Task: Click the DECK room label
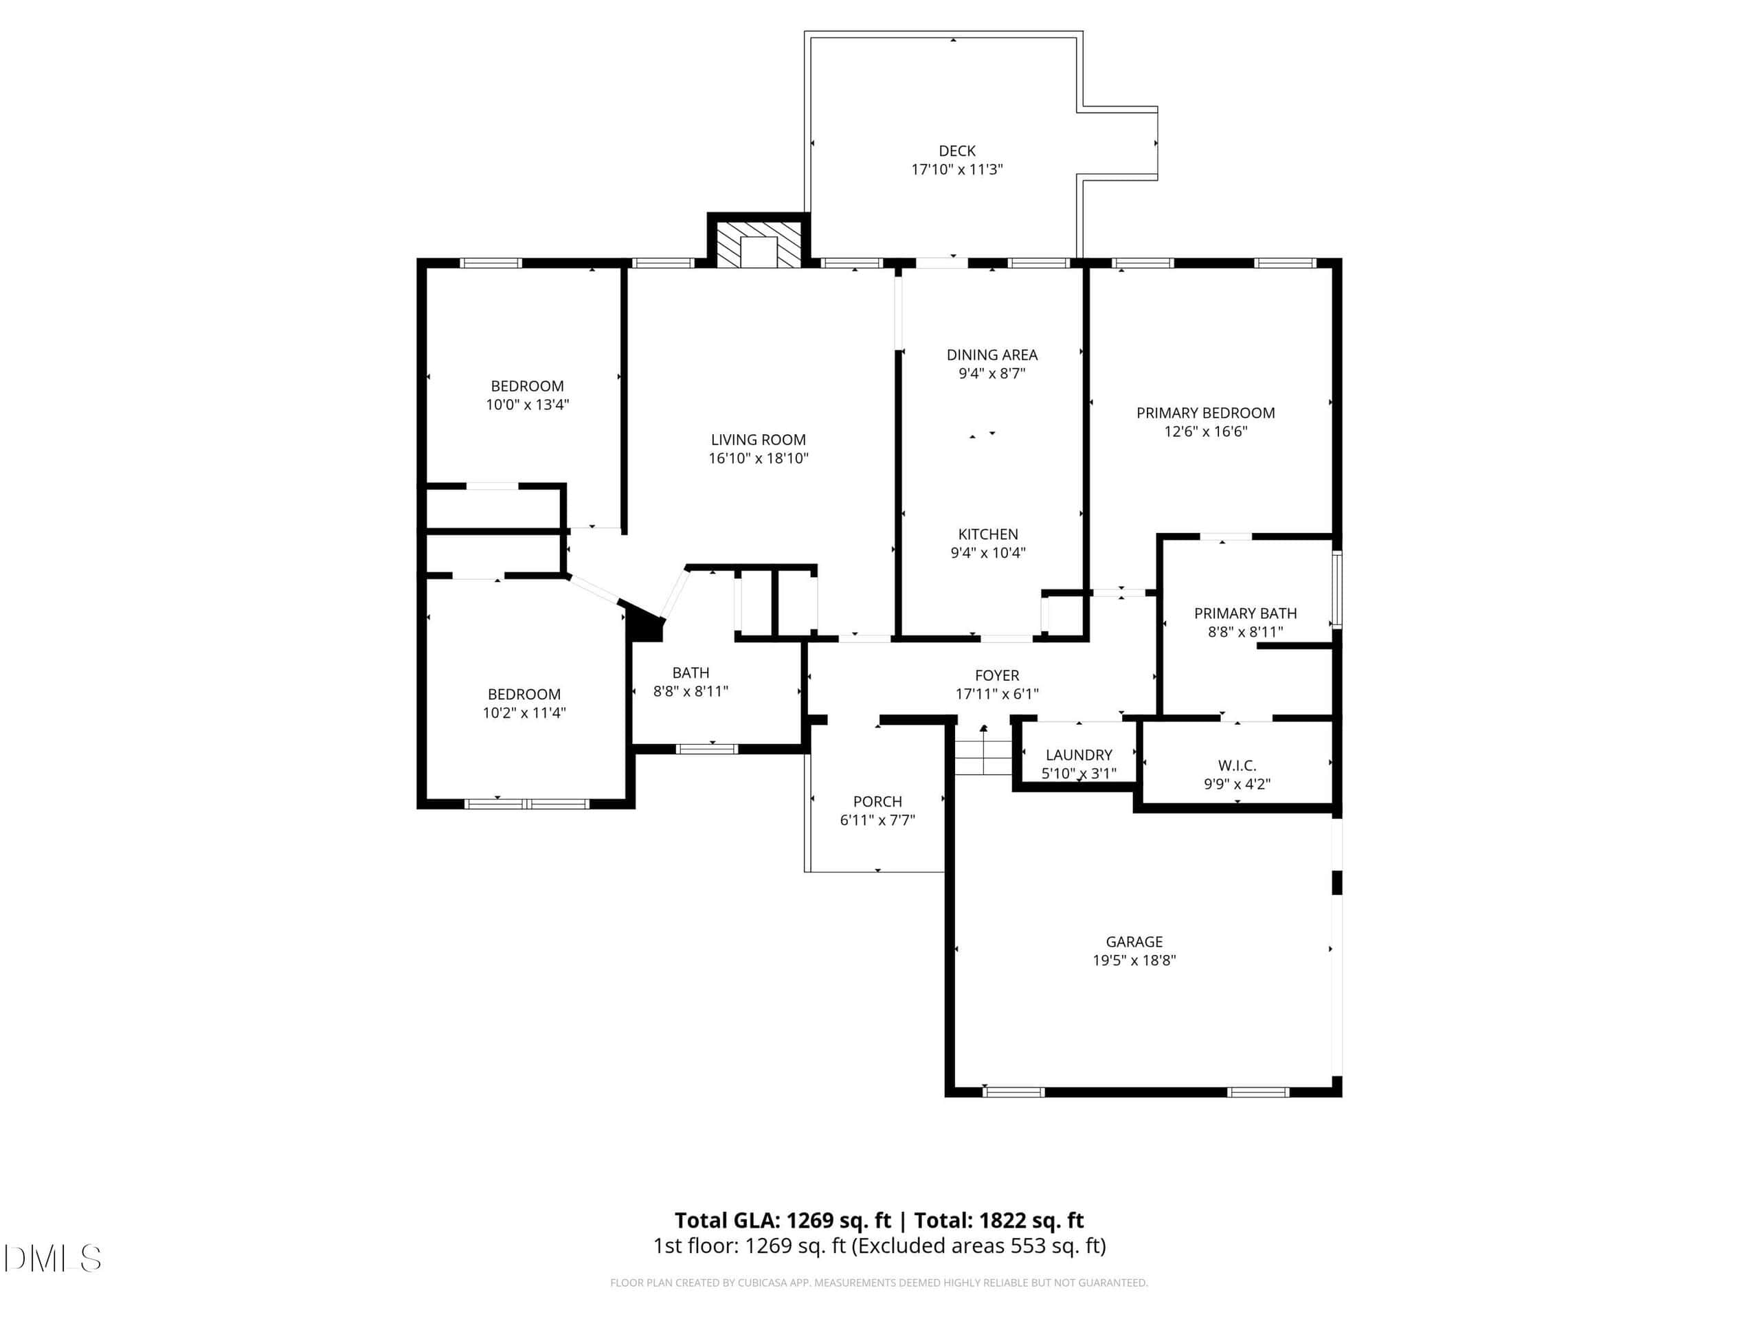[x=956, y=151]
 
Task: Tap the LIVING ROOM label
[x=758, y=440]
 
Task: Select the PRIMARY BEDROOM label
[x=1206, y=413]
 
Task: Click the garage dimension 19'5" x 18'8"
[x=1134, y=960]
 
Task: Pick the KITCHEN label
[x=987, y=534]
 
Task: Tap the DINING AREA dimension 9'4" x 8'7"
[x=991, y=374]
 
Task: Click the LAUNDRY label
[x=1078, y=754]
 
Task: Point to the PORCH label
[x=877, y=802]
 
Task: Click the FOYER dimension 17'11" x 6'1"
[x=996, y=694]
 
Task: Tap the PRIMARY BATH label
[x=1245, y=613]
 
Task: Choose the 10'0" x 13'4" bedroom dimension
[x=527, y=405]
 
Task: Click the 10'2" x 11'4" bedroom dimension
[x=524, y=713]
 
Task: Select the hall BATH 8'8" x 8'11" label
[x=691, y=682]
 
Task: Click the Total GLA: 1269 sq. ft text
[x=783, y=1220]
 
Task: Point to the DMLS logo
[x=52, y=1259]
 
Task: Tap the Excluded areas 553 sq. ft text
[x=978, y=1246]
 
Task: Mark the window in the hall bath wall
[x=706, y=748]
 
